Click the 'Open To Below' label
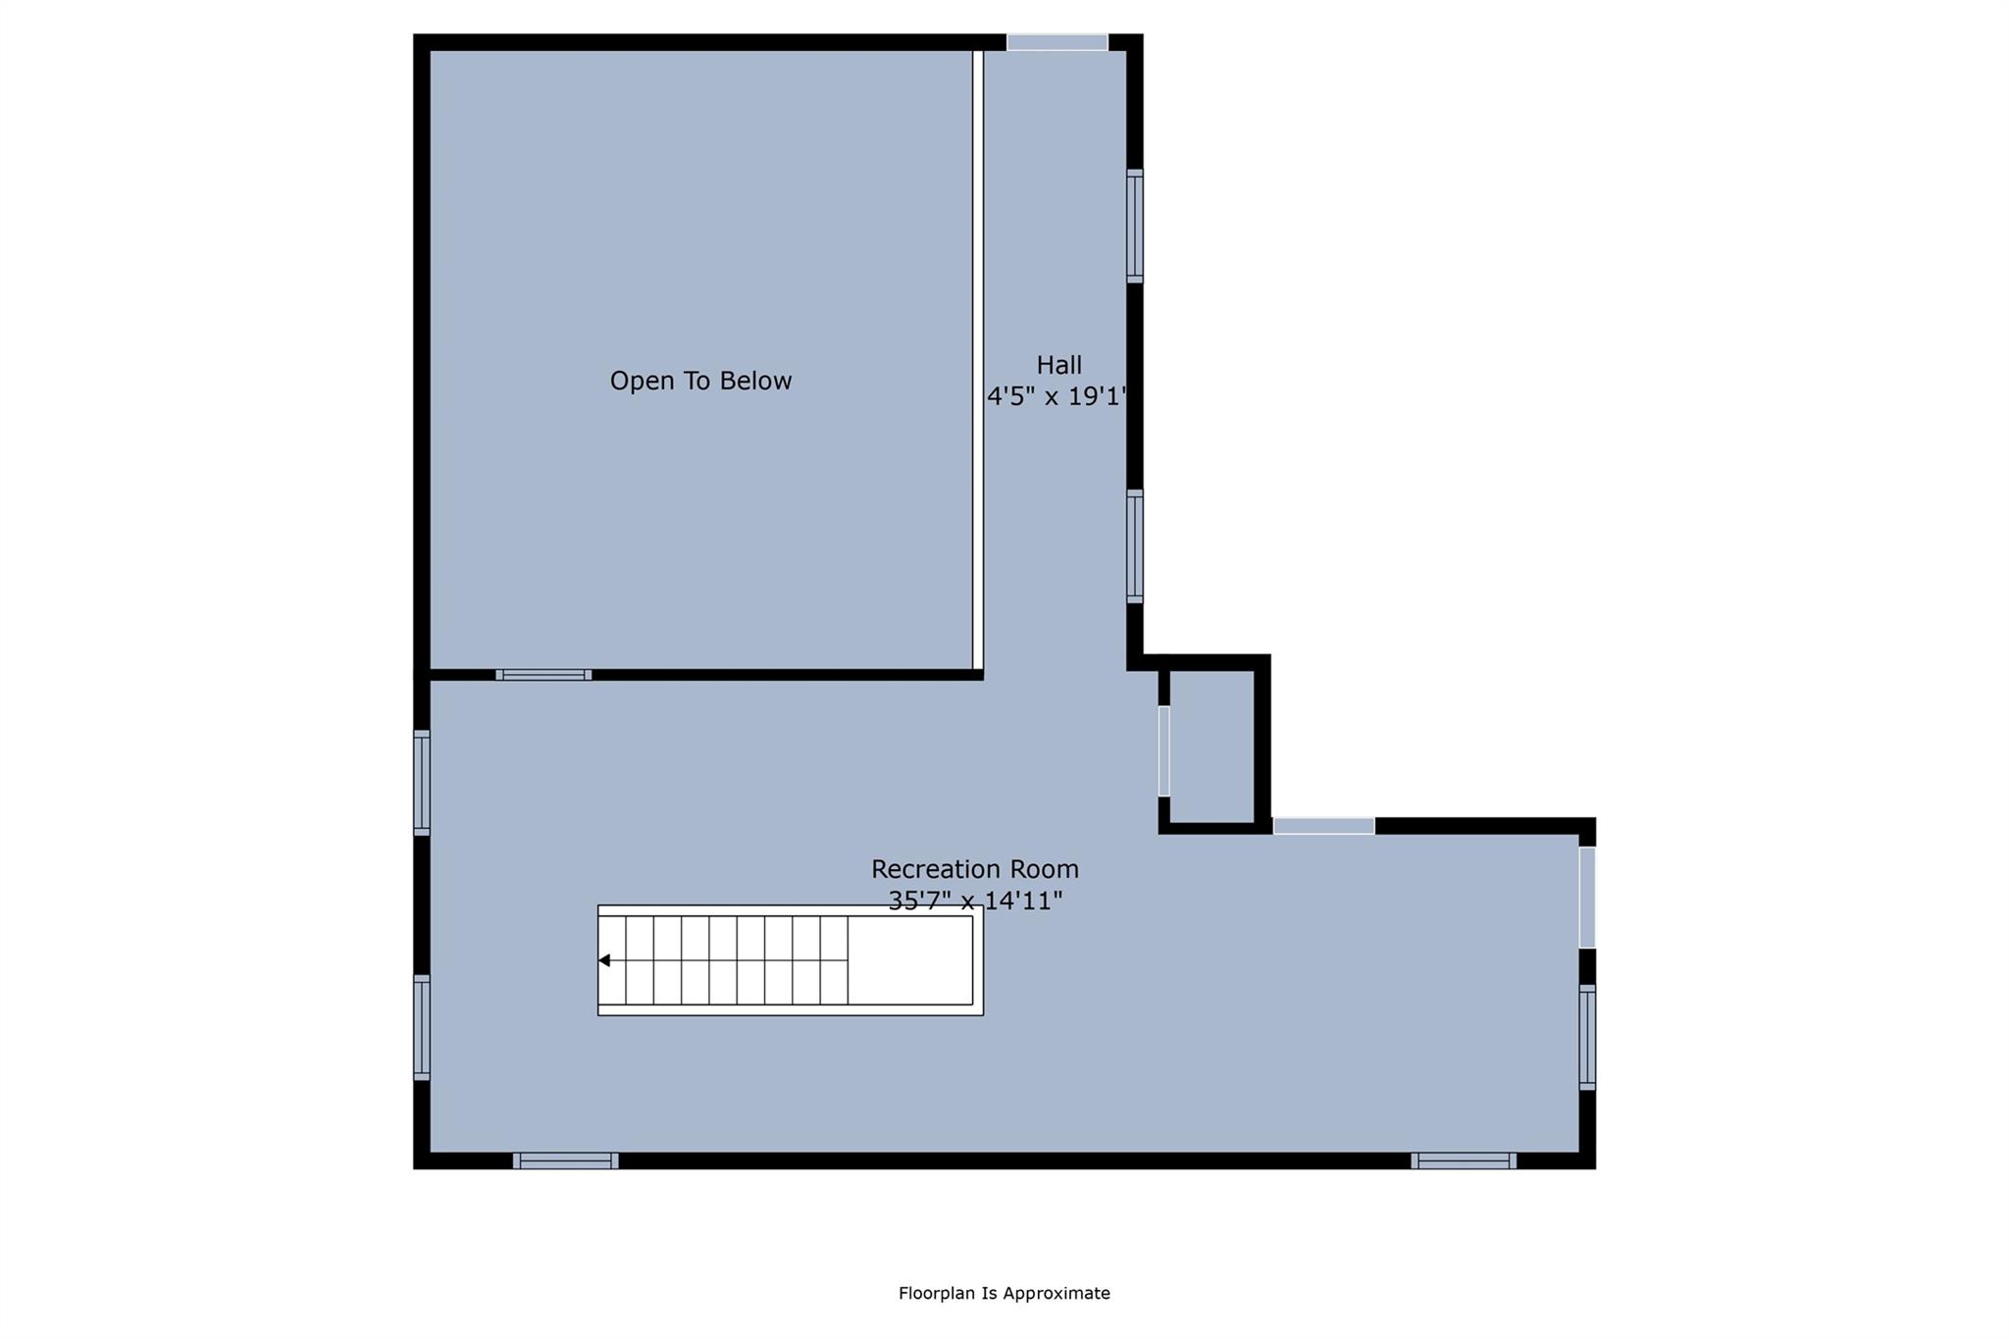700,381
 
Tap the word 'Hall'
1058,365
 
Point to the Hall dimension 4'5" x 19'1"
1056,396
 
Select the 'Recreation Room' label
975,869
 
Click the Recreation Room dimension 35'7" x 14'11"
975,901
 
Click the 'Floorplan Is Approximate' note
1004,1293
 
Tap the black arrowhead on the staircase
604,960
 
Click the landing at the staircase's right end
910,960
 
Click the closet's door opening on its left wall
1164,750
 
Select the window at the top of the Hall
1056,42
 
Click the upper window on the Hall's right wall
1135,226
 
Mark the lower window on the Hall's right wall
1135,545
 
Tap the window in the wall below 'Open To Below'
543,675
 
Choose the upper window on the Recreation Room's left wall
422,783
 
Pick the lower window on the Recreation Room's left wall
422,1027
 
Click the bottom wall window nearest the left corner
565,1160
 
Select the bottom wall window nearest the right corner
1463,1160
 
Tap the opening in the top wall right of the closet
1323,826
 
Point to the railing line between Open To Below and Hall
978,359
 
